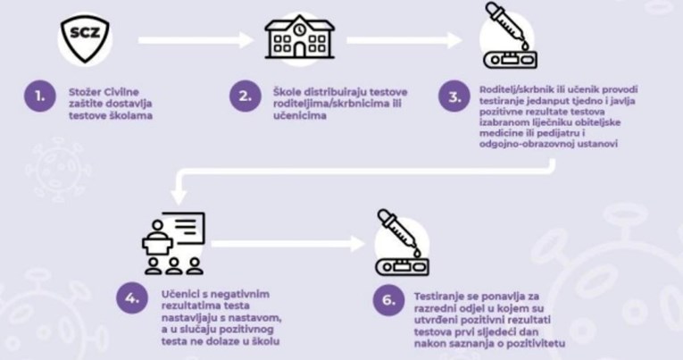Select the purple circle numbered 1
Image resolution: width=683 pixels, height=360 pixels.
[36, 96]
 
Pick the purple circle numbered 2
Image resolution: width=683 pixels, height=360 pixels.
[241, 96]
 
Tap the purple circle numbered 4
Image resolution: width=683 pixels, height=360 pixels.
[133, 300]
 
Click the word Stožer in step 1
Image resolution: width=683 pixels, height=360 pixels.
[85, 90]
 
